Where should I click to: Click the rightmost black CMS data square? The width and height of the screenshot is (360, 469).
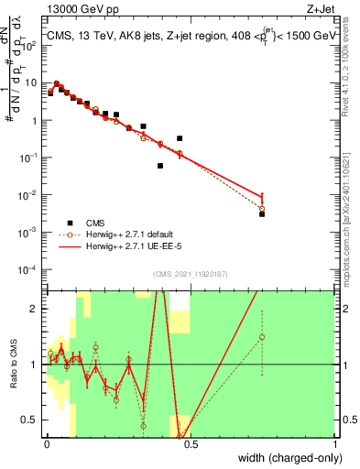(262, 213)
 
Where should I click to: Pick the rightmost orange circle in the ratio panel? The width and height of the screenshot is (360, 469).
(262, 337)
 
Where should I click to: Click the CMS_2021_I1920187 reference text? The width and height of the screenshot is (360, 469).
(189, 274)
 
